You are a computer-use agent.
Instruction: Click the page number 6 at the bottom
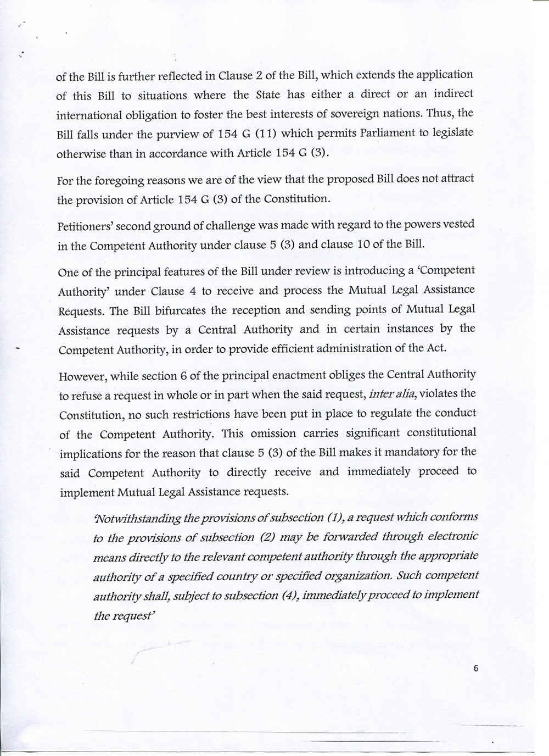point(475,668)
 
